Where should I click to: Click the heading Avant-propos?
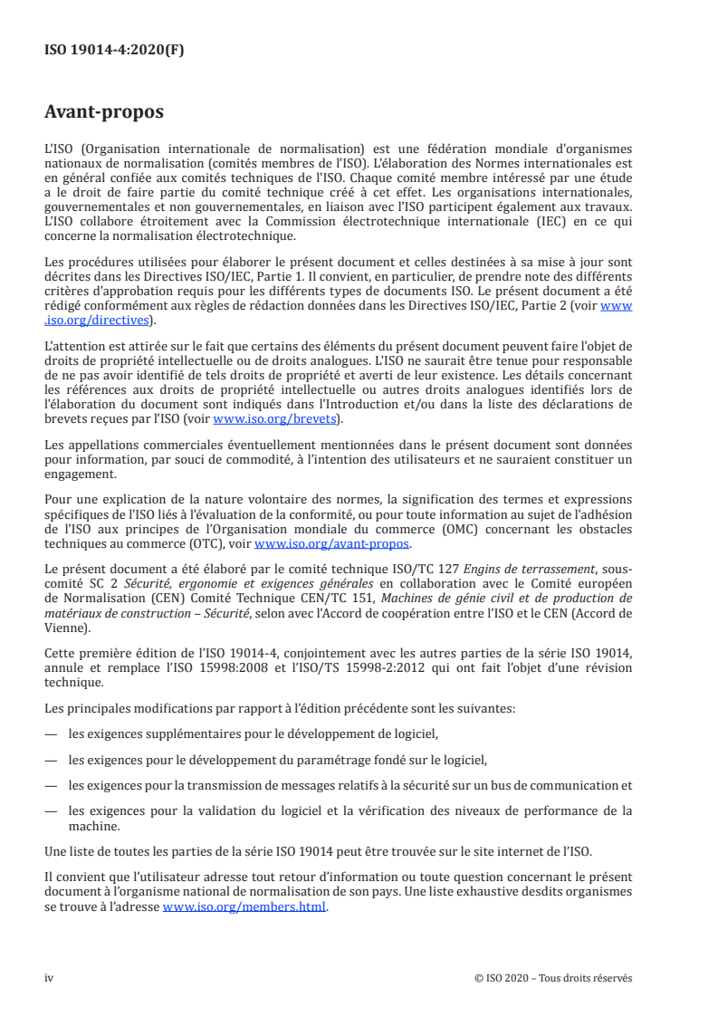[104, 113]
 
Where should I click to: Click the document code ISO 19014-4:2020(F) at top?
[114, 51]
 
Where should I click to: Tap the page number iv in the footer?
[50, 978]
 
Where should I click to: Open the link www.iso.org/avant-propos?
[331, 544]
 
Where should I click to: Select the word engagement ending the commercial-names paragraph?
[80, 473]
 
